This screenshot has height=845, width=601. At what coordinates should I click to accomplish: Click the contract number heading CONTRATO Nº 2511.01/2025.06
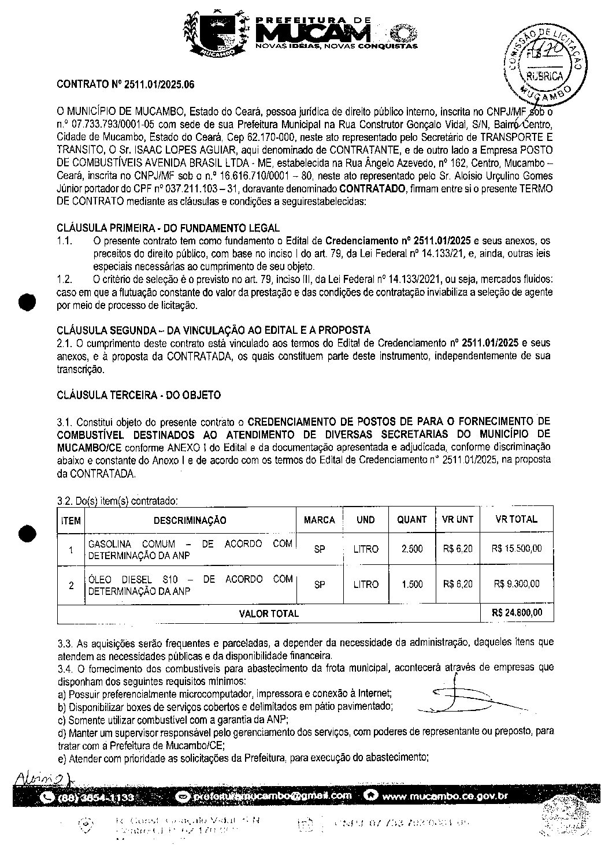[125, 84]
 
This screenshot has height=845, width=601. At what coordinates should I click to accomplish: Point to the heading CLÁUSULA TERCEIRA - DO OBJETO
[139, 396]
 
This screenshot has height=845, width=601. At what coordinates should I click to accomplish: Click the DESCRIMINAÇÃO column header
[190, 520]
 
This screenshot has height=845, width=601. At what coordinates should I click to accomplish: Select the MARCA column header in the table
[320, 520]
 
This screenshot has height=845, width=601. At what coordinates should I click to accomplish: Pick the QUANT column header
[411, 520]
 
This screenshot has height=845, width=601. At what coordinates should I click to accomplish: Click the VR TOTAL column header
[517, 520]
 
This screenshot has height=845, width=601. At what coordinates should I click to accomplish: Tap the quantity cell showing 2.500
[412, 549]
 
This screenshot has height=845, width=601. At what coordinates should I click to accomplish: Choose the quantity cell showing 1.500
[412, 585]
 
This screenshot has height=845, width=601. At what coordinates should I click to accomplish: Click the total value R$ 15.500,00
[517, 549]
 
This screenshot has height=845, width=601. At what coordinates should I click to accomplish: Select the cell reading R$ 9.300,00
[517, 585]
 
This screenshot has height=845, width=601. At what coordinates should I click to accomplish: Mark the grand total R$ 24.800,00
[517, 613]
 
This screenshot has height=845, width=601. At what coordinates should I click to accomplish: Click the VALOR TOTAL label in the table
[269, 614]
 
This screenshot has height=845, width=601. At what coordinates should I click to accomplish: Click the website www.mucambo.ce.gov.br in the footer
[444, 797]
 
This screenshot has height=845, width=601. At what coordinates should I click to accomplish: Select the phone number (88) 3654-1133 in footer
[96, 798]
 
